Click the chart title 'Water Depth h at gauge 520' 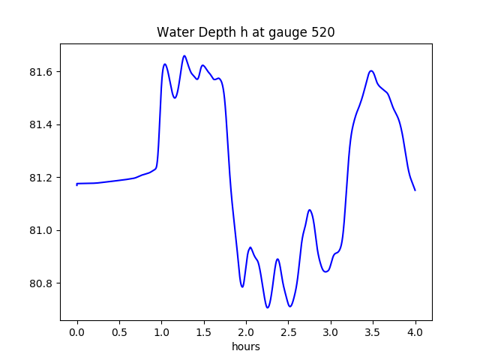[x=245, y=32]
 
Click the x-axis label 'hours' [x=246, y=347]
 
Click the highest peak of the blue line [x=184, y=55]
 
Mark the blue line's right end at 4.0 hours [x=415, y=190]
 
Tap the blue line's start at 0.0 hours [x=77, y=184]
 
